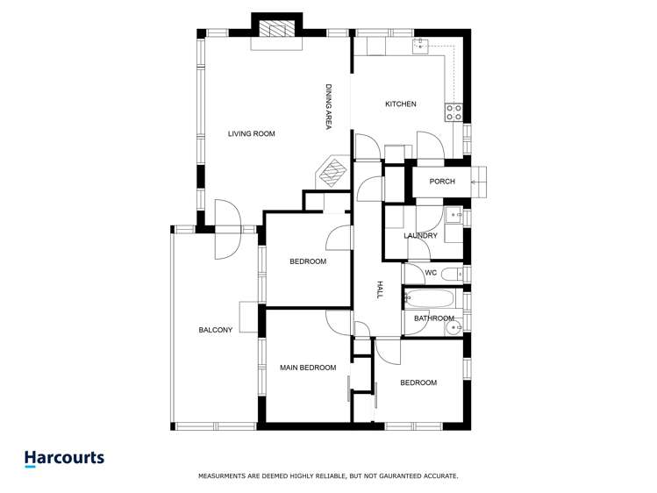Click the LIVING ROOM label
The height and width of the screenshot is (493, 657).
pos(252,134)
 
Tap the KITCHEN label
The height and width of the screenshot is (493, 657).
pos(400,104)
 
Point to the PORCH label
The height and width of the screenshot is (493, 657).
pos(442,182)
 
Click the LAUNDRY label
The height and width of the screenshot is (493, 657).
pos(420,236)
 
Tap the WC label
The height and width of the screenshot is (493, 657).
pos(431,273)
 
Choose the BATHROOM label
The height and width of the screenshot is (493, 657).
pos(434,318)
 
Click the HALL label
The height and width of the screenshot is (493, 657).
pos(380,290)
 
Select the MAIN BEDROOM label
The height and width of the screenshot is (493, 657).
pos(308,368)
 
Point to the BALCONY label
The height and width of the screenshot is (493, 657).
pos(215,330)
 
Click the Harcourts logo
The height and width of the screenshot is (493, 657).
pos(64,458)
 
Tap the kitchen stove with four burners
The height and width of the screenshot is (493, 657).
pos(454,111)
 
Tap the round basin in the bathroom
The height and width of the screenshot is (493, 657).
pos(453,327)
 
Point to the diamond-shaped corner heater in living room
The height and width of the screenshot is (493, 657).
pos(331,172)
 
